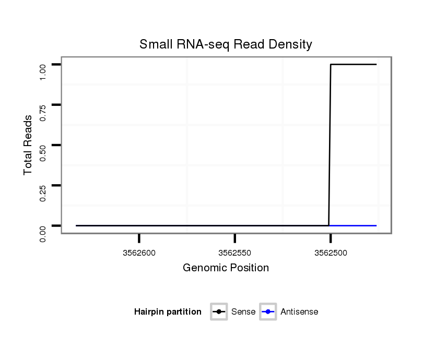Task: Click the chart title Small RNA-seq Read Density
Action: point(226,44)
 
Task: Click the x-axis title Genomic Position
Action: point(226,268)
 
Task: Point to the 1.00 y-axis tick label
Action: point(43,72)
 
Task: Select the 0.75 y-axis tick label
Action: point(43,112)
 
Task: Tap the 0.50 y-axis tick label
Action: point(43,152)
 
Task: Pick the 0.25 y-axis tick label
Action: point(43,193)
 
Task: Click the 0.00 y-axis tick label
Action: point(43,233)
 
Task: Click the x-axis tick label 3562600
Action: point(139,253)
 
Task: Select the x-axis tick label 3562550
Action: point(234,253)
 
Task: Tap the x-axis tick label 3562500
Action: point(330,253)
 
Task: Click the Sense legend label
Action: point(243,312)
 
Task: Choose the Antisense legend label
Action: point(299,312)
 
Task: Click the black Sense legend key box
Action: point(219,312)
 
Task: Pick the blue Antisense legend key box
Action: point(268,312)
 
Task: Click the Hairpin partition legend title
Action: point(168,312)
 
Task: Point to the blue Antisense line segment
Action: point(353,225)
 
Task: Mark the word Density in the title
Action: point(289,44)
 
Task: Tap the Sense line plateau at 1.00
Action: point(353,64)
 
